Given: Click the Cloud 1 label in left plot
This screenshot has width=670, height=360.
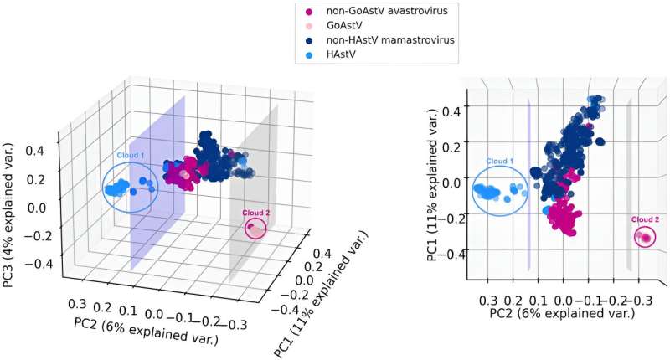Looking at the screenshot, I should (127, 156).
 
